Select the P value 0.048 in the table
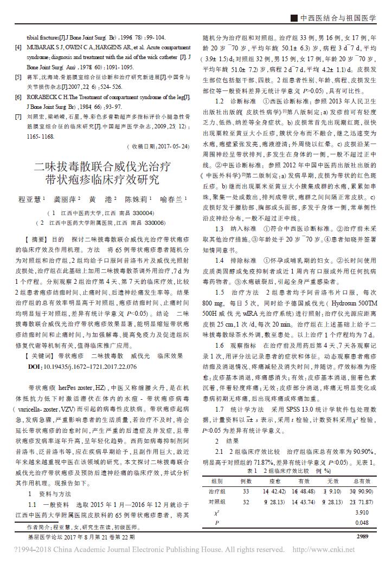362,523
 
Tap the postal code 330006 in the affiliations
154,222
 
